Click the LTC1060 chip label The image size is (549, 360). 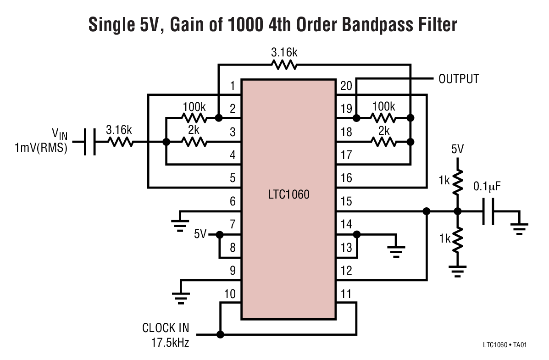(x=288, y=194)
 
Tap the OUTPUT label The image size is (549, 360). (x=458, y=79)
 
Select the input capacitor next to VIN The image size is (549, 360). (x=91, y=142)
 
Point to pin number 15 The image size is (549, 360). (x=347, y=201)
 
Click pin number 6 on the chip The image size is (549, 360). (x=233, y=201)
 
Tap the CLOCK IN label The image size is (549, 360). (x=166, y=328)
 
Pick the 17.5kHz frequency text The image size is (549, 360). (x=170, y=342)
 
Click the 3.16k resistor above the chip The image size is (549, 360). (x=284, y=65)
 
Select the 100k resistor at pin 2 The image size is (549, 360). (x=193, y=118)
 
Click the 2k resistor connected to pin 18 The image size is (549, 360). (x=384, y=142)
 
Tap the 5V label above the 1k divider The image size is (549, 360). (x=457, y=150)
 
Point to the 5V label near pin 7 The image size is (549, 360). (x=200, y=234)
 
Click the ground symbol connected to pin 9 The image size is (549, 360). (x=182, y=296)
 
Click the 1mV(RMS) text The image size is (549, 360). (x=40, y=148)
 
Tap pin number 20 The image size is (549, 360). (x=346, y=86)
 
